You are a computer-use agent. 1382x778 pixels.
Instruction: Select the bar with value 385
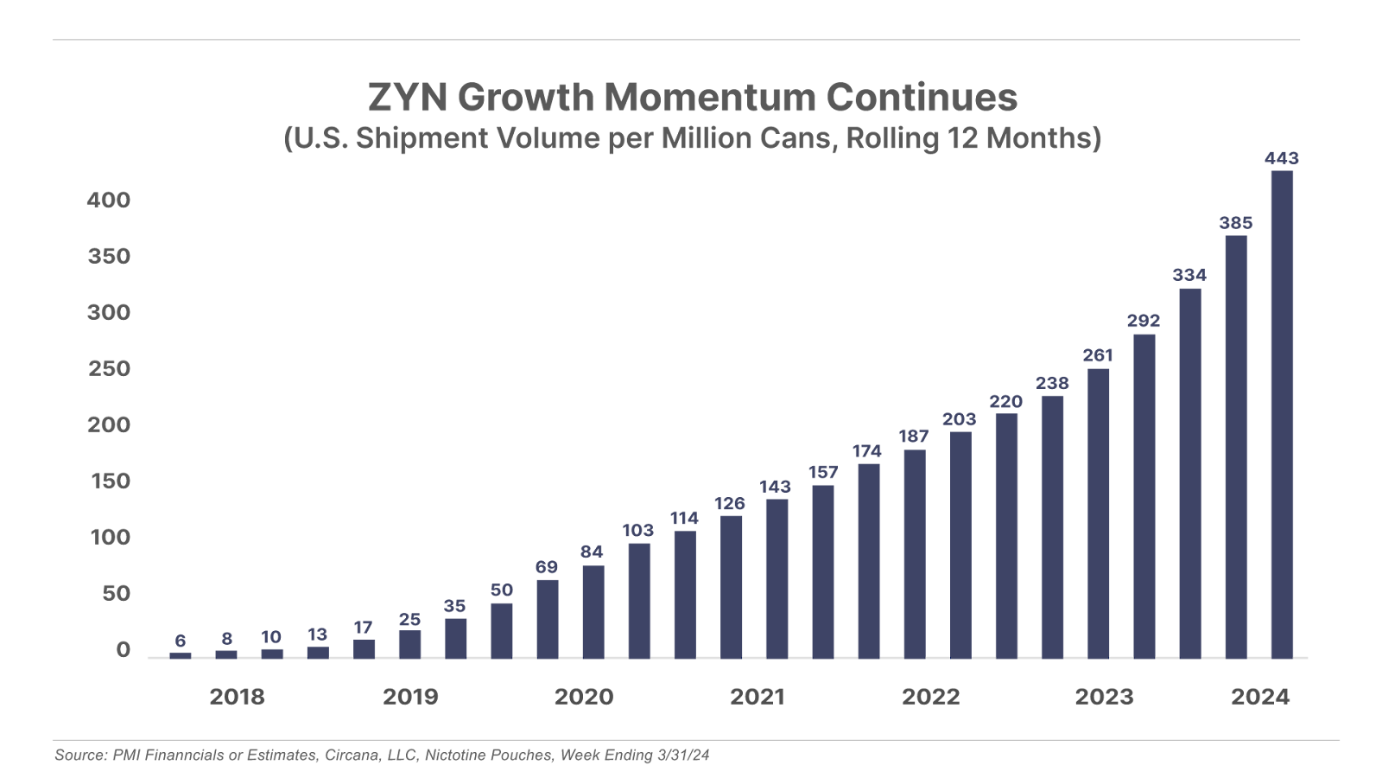pyautogui.click(x=1236, y=446)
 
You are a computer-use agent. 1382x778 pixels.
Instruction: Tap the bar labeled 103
pyautogui.click(x=640, y=600)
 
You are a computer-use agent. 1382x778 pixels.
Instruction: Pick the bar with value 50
pyautogui.click(x=501, y=629)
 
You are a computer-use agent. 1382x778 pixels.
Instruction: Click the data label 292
pyautogui.click(x=1144, y=321)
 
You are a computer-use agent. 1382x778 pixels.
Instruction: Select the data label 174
pyautogui.click(x=866, y=451)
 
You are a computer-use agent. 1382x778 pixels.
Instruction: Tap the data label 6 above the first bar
pyautogui.click(x=180, y=641)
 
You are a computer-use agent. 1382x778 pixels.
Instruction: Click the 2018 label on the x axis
pyautogui.click(x=238, y=697)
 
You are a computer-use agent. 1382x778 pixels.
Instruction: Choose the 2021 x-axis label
pyautogui.click(x=757, y=697)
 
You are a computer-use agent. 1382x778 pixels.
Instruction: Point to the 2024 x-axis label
pyautogui.click(x=1259, y=697)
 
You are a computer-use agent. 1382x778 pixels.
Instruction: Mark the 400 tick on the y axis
pyautogui.click(x=108, y=201)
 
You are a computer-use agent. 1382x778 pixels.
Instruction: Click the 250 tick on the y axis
pyautogui.click(x=108, y=369)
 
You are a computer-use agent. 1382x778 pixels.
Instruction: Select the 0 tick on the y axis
pyautogui.click(x=122, y=650)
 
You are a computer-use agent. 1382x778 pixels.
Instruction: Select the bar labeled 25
pyautogui.click(x=409, y=643)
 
